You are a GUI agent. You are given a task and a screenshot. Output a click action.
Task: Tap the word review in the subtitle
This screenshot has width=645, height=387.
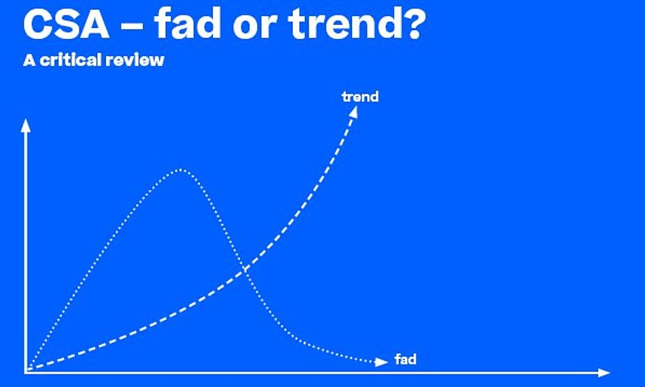coord(135,61)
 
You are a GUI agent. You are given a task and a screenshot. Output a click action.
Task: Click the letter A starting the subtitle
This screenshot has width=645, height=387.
coord(29,60)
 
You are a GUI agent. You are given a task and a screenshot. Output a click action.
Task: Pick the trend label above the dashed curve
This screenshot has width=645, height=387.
coord(360,97)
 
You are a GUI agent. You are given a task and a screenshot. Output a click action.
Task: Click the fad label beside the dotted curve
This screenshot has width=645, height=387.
coord(406,359)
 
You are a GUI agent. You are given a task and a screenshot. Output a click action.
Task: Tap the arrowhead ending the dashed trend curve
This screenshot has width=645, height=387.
coord(353,112)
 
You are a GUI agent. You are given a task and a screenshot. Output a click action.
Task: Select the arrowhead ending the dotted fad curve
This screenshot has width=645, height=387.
coord(381,362)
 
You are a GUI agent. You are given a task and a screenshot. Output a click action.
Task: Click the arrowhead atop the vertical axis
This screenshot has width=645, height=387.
coord(26,125)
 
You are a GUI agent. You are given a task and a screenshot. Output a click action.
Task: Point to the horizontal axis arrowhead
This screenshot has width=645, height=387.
coord(604,372)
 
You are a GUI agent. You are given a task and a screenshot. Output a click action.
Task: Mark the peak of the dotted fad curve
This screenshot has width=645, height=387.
coord(180,170)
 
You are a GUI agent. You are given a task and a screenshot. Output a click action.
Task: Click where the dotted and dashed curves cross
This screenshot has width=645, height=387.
coord(244,270)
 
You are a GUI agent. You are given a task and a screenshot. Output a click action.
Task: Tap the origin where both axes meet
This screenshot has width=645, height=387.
coord(26,372)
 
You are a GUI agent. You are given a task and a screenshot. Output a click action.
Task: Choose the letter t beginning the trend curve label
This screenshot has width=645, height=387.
coord(344,97)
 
